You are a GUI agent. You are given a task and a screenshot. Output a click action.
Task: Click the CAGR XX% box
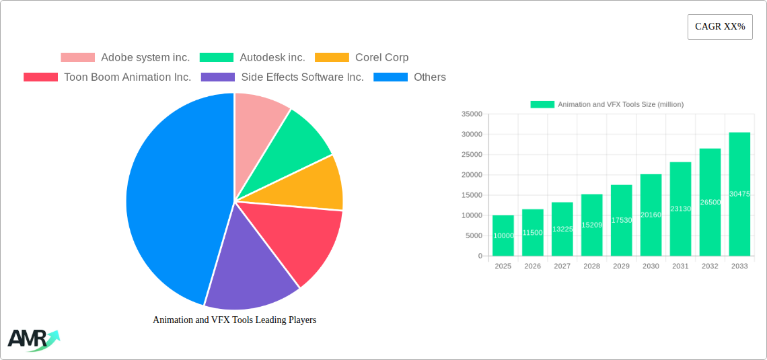pos(720,27)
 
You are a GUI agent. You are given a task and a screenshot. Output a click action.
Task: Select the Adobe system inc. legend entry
pos(125,58)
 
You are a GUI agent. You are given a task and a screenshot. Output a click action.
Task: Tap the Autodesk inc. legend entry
pos(252,58)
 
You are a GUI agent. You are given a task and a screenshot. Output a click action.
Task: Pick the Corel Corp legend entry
pos(362,58)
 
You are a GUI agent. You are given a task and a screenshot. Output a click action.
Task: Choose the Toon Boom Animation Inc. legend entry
pos(108,77)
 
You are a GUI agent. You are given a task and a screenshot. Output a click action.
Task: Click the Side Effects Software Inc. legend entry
pos(287,77)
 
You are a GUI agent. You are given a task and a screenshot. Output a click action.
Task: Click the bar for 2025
pos(503,236)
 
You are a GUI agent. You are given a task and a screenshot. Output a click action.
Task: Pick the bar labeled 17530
pos(621,220)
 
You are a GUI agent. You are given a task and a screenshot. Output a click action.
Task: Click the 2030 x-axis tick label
pos(651,266)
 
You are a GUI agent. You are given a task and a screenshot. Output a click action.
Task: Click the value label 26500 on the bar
pos(710,202)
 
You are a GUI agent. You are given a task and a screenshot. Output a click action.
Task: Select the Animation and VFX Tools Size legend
pos(607,104)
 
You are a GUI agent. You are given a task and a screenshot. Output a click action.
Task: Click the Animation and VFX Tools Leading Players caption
pos(234,320)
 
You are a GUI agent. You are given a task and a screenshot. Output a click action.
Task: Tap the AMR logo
pos(33,340)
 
